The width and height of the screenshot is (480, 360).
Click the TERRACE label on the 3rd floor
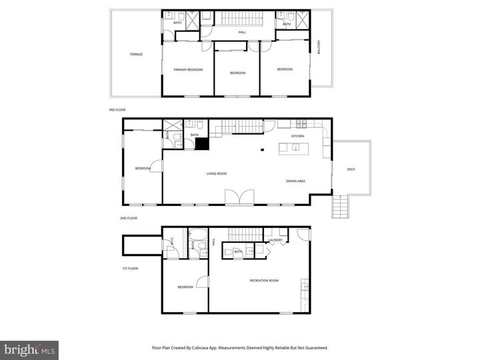tap(136, 55)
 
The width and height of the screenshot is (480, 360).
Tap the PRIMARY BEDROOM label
tap(188, 69)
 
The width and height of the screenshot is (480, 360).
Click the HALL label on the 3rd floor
tap(243, 31)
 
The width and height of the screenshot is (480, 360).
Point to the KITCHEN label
tap(297, 136)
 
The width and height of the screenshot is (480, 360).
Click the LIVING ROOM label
tap(216, 173)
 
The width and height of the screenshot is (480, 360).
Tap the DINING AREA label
tap(295, 181)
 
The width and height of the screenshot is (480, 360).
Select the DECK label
tap(351, 169)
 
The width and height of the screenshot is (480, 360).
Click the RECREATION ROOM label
tap(263, 281)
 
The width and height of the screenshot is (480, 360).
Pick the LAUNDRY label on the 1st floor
tap(276, 240)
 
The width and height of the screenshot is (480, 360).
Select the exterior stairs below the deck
tap(340, 206)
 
